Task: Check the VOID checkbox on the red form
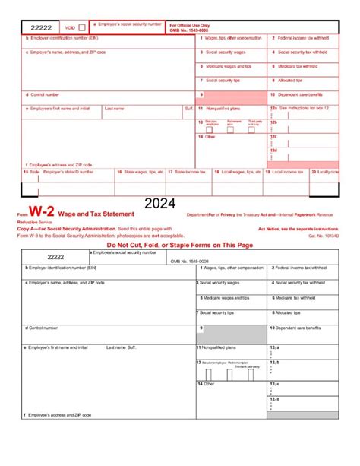tap(82, 27)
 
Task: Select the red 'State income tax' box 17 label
tap(189, 172)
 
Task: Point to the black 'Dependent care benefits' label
tap(299, 328)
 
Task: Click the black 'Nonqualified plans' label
tap(220, 347)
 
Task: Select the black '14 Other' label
tap(205, 384)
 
